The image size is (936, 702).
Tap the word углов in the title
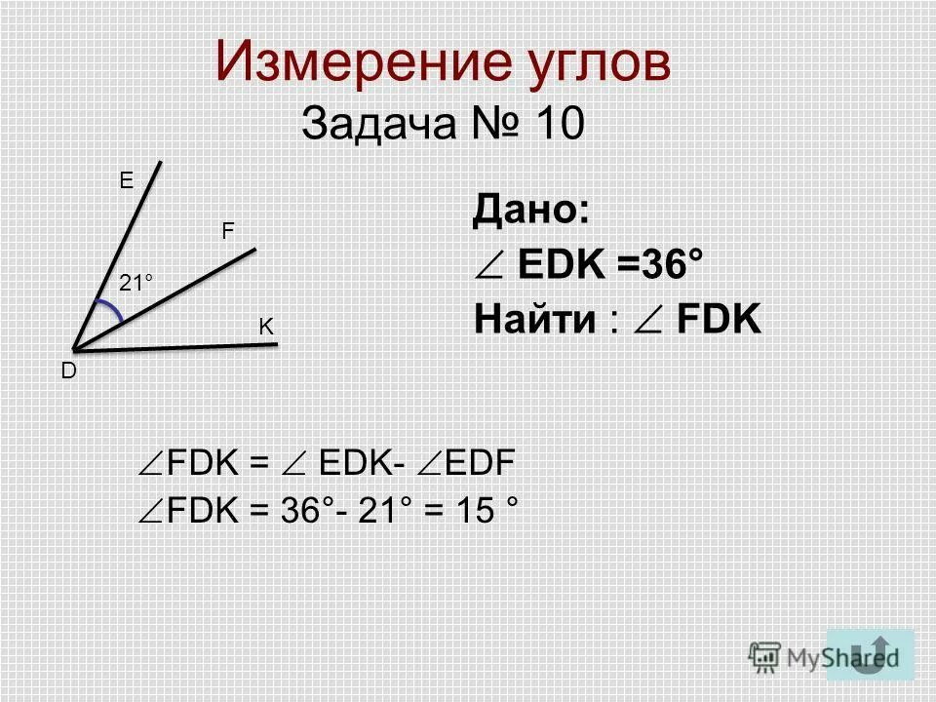596,64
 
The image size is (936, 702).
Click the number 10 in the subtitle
558,124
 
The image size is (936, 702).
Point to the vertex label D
70,371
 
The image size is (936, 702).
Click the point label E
126,180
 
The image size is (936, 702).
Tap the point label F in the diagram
227,231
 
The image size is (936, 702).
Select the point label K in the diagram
265,329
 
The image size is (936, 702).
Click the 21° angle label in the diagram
137,283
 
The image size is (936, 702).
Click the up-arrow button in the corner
870,653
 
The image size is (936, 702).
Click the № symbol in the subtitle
493,124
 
